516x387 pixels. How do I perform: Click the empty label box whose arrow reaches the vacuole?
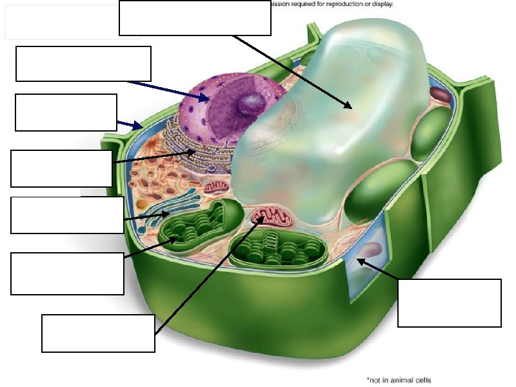coord(195,17)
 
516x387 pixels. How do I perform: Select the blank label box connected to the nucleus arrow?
coord(83,63)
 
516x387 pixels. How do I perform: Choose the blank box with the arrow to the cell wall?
coord(66,112)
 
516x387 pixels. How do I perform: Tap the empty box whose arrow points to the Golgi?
coord(68,214)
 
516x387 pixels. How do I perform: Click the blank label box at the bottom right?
coord(450,303)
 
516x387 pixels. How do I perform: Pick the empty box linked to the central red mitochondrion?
coord(98,333)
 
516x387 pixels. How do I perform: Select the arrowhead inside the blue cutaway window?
coord(359,261)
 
